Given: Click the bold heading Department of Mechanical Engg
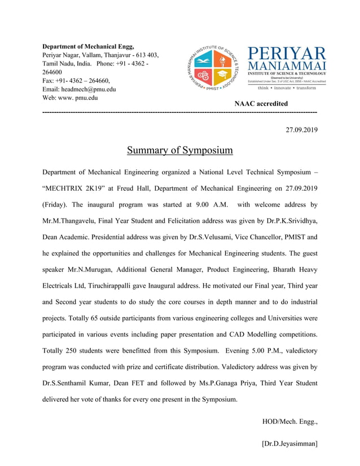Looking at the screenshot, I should coord(89,46).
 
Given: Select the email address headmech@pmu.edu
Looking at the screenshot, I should coord(89,89).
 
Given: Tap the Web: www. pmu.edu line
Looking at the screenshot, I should coord(70,98).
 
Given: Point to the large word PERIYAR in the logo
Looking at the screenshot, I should coord(287,54).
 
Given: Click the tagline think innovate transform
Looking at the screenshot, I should coord(287,88).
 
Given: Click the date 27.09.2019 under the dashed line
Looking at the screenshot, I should coord(301,130).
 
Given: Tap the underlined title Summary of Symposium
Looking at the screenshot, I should coord(179,150).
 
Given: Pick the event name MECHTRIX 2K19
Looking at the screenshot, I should coord(74,188).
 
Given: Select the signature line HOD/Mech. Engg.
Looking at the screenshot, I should coord(289,421).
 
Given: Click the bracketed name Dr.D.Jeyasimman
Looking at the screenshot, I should coord(289,443).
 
